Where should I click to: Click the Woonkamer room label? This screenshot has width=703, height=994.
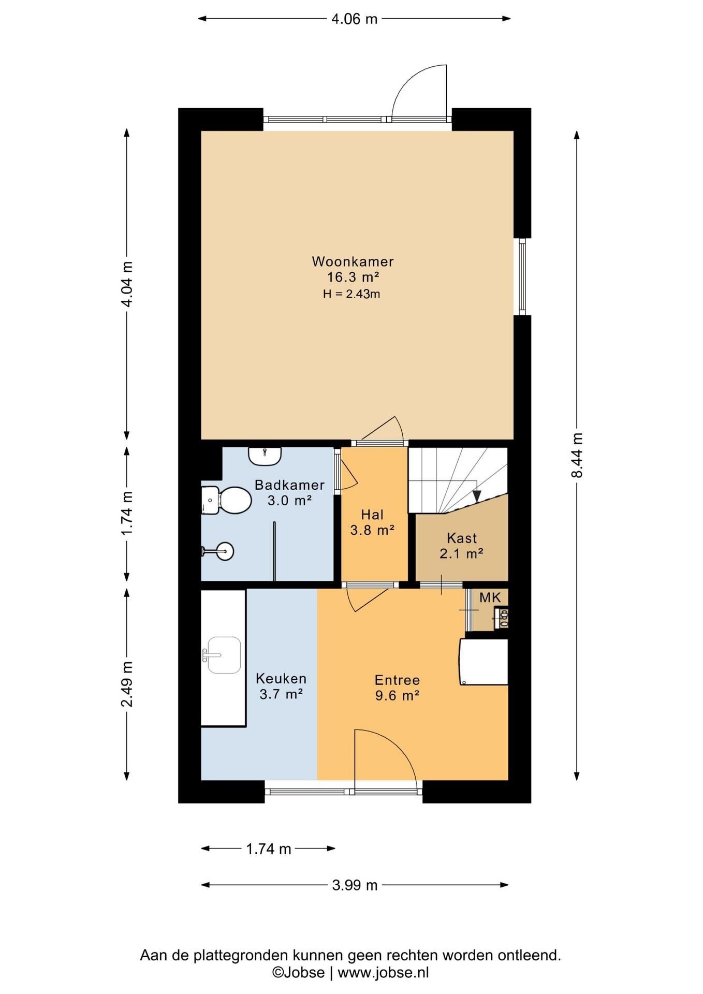(353, 261)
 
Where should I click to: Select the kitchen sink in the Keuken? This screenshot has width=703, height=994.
(223, 655)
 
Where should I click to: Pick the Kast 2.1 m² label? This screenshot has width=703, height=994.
(462, 546)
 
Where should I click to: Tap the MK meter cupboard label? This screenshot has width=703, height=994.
(490, 597)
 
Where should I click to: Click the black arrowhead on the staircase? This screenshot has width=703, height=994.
(477, 496)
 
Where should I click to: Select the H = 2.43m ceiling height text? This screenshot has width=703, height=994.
(352, 294)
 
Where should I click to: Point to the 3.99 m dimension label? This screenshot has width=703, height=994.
(355, 885)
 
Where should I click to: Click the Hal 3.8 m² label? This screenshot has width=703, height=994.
(372, 522)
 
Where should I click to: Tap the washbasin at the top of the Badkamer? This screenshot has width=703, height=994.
(265, 456)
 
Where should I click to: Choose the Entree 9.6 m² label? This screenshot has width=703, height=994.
(397, 688)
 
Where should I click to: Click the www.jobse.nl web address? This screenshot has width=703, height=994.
(383, 972)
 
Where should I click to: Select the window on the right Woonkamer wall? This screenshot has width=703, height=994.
(522, 276)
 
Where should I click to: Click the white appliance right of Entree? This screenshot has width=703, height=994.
(484, 662)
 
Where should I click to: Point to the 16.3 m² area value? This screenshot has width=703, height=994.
(353, 277)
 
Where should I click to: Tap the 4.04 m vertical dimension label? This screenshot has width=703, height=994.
(127, 284)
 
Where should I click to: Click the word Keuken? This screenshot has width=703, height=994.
(281, 678)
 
